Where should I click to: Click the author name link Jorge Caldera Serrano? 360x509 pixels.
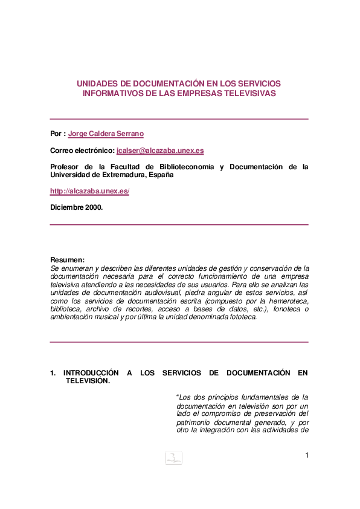[106, 134]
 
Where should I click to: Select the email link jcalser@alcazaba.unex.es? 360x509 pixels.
[160, 151]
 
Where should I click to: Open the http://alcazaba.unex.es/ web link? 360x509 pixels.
[89, 191]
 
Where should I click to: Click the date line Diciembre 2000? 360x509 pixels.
[77, 207]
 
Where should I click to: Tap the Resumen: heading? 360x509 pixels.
[67, 260]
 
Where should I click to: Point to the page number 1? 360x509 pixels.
[307, 455]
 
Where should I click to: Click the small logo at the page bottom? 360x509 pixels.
[173, 458]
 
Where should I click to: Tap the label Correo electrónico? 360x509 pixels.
[82, 151]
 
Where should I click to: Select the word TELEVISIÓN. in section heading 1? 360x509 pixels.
[88, 381]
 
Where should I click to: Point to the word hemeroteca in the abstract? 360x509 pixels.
[288, 301]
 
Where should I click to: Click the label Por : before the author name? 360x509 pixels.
[57, 134]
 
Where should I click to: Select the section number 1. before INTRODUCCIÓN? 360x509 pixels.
[53, 373]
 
